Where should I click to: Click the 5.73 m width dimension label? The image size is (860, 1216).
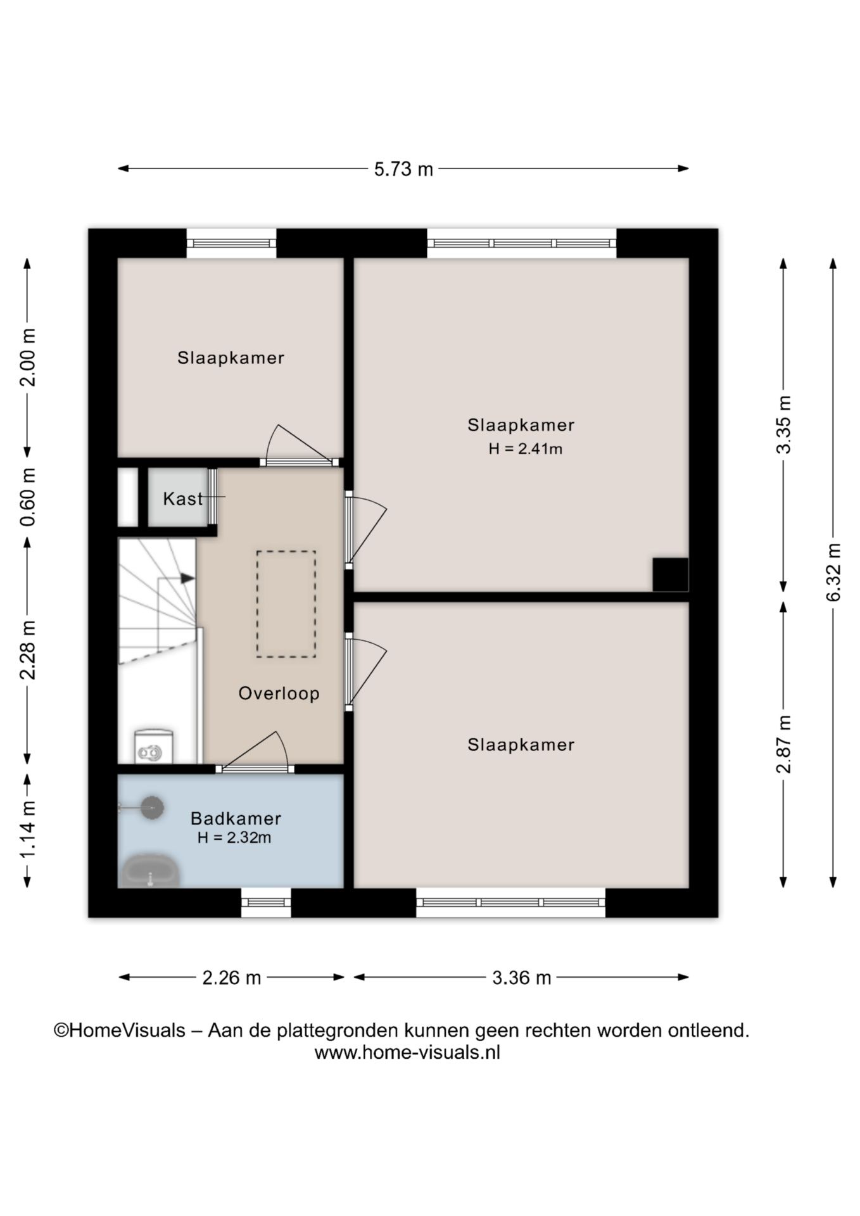point(403,169)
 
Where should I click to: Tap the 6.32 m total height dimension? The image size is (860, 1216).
point(834,573)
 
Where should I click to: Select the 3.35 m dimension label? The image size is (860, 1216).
point(784,424)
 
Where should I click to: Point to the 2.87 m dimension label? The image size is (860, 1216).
point(784,744)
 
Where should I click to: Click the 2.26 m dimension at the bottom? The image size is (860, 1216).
point(232,978)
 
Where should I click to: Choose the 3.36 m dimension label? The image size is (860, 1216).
point(522,978)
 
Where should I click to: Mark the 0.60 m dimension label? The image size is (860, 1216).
point(28,497)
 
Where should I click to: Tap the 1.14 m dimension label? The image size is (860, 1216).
point(28,829)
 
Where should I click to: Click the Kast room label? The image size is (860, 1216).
point(183,499)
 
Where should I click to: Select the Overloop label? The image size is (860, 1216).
point(279,693)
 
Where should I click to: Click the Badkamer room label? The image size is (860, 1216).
point(236,818)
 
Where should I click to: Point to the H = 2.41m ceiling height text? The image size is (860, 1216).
point(526,449)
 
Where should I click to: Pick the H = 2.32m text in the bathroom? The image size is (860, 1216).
point(234,838)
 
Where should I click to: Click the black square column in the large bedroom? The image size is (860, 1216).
point(671,575)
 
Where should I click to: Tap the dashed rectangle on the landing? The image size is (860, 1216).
point(286,604)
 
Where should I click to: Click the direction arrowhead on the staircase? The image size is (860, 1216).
point(187,578)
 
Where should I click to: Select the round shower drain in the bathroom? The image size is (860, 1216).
point(152,807)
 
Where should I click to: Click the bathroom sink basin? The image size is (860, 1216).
point(150,871)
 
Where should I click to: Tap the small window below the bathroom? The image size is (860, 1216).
point(266,902)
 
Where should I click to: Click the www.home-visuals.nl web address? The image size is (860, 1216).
point(407,1053)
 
